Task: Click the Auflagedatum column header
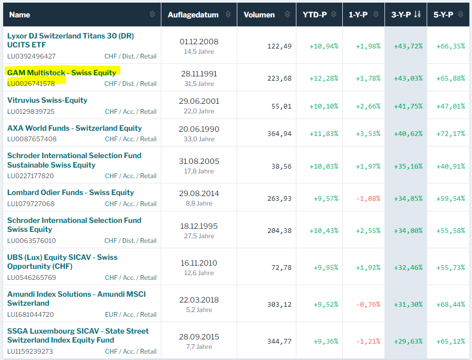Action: coord(193,15)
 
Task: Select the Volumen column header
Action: coord(259,15)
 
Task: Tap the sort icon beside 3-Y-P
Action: coord(417,15)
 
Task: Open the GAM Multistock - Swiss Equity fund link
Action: coord(62,73)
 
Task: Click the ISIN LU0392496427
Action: coord(32,56)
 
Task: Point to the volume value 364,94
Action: coord(280,133)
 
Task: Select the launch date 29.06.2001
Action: coord(199,101)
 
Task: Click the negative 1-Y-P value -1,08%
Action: coord(368,198)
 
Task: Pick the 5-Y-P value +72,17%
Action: coord(450,133)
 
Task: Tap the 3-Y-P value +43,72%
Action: coord(408,46)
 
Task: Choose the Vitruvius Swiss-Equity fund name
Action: coord(47,100)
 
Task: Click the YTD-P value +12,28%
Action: coord(324,79)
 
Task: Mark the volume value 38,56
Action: coord(282,166)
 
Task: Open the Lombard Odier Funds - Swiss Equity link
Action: coord(71,192)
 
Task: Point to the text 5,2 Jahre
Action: coord(199,310)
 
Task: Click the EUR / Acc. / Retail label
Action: coord(130,314)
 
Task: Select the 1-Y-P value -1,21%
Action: coord(368,341)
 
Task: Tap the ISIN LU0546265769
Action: coord(31,277)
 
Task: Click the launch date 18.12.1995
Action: coord(199,226)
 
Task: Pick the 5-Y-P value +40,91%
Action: coord(450,166)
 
